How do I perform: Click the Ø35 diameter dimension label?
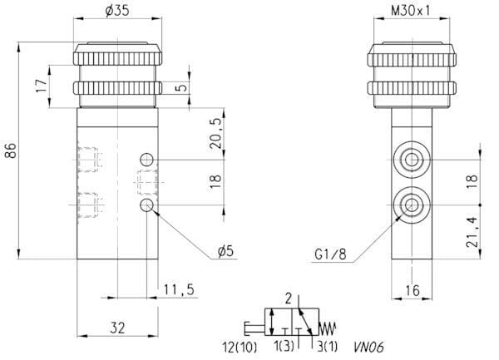coord(117,11)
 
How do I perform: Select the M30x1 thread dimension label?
coord(410,11)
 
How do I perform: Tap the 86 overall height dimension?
coord(11,150)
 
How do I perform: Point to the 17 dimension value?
coord(42,86)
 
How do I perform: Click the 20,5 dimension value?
coord(215,133)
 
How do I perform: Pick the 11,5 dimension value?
coord(179,289)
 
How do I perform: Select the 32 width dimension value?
coord(117,328)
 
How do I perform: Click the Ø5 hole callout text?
coord(225,251)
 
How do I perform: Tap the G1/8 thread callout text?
coord(330,254)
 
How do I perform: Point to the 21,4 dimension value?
coord(472,232)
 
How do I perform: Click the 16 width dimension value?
coord(413,290)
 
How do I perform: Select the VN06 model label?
coord(368,347)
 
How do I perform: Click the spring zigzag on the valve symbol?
coord(328,328)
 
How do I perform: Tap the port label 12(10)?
coord(240,347)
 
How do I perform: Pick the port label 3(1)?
coord(327,347)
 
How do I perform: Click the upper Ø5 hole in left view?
coord(146,160)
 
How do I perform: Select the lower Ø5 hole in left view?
coord(146,205)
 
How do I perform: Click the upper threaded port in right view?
coord(412,160)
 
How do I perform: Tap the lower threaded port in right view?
coord(412,205)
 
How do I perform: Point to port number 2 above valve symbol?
coord(289,298)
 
